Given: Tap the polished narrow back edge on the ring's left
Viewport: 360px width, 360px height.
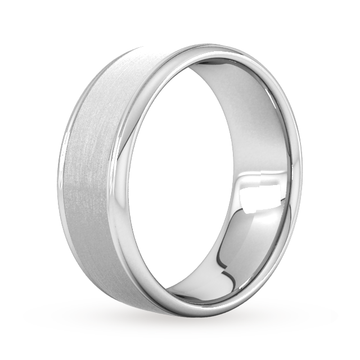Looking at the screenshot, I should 70,169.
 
